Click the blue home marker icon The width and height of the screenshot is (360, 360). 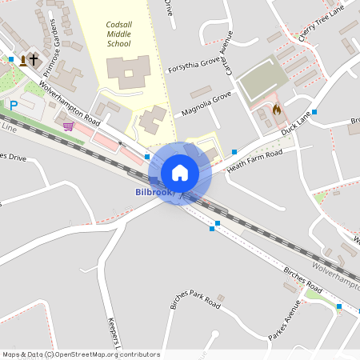[180, 172]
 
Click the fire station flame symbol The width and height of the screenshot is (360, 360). [277, 109]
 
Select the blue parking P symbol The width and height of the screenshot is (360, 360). [13, 105]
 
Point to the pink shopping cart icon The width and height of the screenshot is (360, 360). [68, 126]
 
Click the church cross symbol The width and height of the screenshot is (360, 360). [34, 59]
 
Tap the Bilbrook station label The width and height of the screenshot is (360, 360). [154, 193]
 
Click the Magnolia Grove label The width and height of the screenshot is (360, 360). [206, 102]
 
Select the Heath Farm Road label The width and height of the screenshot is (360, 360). [254, 155]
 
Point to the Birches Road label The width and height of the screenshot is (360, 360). [302, 276]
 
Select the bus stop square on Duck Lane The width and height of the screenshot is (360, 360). [314, 112]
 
